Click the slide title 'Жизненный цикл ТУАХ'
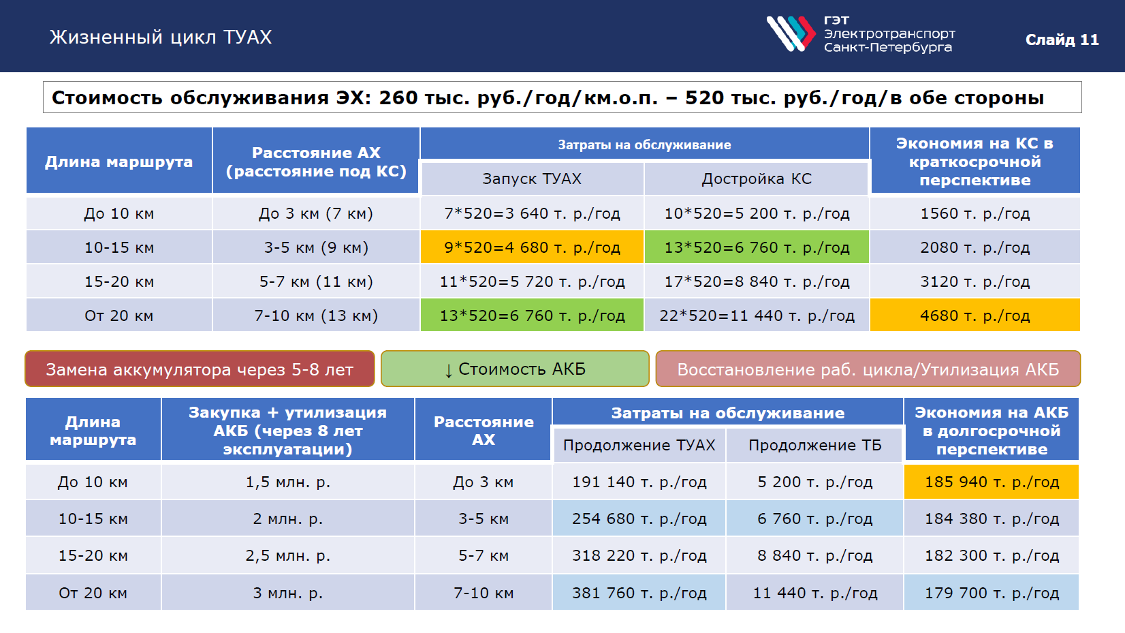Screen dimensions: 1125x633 click(x=161, y=37)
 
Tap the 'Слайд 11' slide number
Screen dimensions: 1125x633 click(x=1062, y=40)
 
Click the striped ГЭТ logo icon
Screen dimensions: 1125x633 click(x=791, y=33)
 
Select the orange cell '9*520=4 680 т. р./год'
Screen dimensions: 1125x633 click(x=532, y=247)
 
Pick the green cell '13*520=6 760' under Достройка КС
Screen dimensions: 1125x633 click(x=757, y=247)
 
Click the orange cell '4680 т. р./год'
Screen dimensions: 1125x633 click(x=975, y=315)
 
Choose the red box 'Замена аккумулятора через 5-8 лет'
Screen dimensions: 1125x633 click(x=200, y=369)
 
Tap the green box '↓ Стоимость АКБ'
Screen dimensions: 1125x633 click(x=515, y=369)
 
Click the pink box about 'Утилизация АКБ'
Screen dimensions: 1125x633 click(x=868, y=369)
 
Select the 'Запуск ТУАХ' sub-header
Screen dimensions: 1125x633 click(x=532, y=179)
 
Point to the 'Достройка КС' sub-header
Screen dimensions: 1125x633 click(x=757, y=179)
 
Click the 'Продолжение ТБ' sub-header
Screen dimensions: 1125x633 click(x=814, y=445)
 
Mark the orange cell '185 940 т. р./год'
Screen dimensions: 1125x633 click(x=992, y=482)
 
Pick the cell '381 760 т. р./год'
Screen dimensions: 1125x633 click(x=639, y=593)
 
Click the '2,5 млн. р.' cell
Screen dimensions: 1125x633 click(x=288, y=555)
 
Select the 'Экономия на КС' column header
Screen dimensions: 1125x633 click(x=975, y=161)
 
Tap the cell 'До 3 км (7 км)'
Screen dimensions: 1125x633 click(x=316, y=213)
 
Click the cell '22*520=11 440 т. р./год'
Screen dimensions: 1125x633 click(x=757, y=315)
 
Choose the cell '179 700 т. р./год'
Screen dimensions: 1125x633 click(x=992, y=593)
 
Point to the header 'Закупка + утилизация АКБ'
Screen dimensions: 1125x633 click(x=288, y=431)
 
